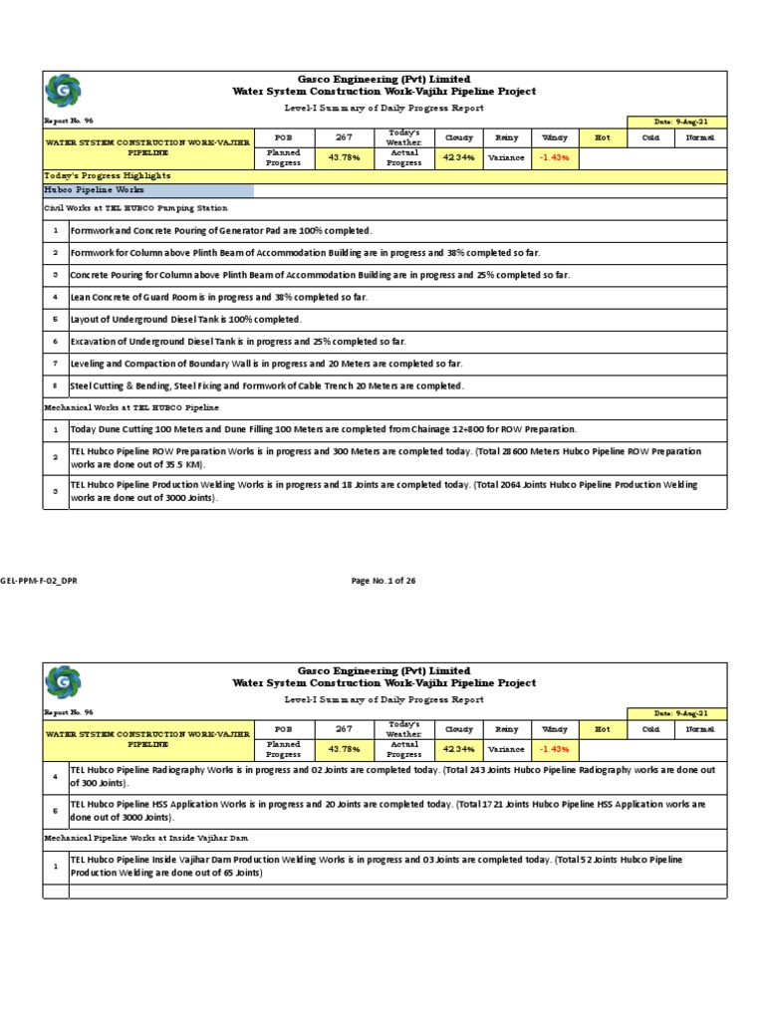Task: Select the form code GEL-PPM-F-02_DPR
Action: point(39,581)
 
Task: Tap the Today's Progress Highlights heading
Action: point(107,175)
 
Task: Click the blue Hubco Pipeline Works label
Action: point(95,189)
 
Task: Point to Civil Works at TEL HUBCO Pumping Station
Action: point(134,208)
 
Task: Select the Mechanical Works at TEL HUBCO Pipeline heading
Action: point(131,407)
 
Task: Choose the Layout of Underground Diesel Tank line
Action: point(185,319)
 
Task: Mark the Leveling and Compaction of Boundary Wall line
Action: point(266,364)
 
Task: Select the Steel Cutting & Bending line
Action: point(266,385)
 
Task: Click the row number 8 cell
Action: point(56,385)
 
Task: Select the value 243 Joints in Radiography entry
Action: point(519,770)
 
